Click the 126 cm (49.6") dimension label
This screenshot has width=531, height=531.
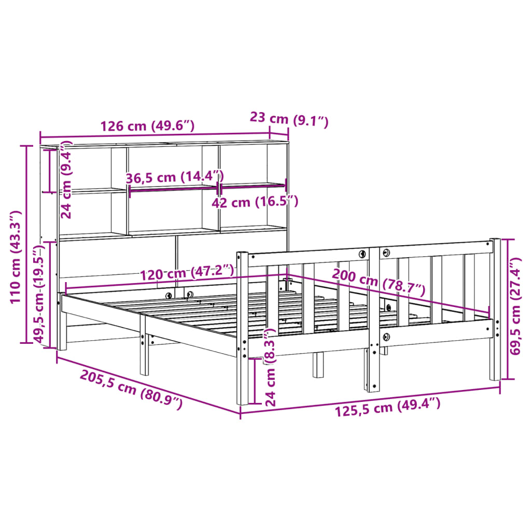click(x=147, y=126)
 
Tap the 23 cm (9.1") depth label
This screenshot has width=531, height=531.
click(x=289, y=120)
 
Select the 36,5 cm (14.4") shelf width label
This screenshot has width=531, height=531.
click(x=174, y=177)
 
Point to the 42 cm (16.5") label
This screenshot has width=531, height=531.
click(x=255, y=202)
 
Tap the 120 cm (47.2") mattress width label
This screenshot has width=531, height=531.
click(x=186, y=271)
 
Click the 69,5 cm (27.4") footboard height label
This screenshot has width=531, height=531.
click(x=515, y=311)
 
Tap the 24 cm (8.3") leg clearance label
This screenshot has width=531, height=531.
click(x=270, y=368)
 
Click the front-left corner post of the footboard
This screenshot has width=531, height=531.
click(x=242, y=332)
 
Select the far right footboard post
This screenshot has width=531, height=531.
click(x=495, y=311)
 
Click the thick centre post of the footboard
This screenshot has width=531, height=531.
click(x=374, y=322)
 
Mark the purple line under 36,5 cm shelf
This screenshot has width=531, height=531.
click(x=172, y=189)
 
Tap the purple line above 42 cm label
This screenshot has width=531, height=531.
click(x=253, y=185)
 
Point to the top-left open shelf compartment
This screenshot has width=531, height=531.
click(x=93, y=169)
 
